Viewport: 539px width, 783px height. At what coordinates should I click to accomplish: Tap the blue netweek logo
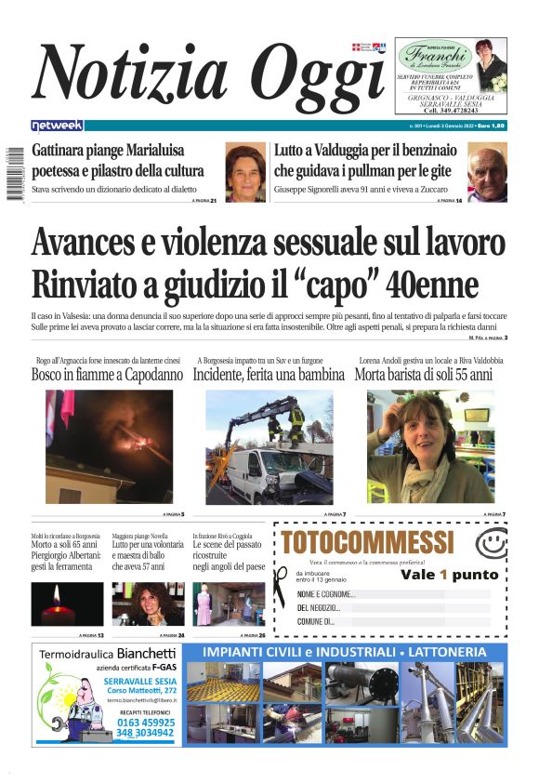[x=57, y=126]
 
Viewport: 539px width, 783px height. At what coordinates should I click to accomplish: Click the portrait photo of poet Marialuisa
[x=245, y=173]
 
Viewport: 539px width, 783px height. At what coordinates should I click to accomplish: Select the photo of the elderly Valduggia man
[x=487, y=173]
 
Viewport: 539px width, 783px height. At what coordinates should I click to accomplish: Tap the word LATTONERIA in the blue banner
[x=453, y=652]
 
